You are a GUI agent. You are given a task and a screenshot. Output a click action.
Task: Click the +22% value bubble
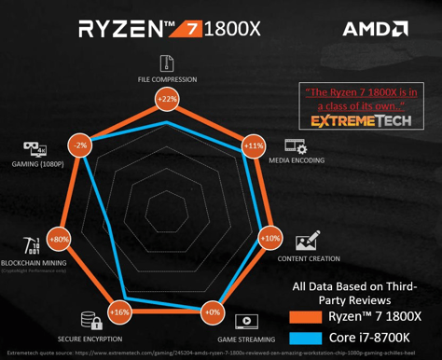(167, 99)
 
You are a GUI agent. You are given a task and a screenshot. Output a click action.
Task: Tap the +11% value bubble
(254, 146)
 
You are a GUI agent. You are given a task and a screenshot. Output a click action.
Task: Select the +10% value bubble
(269, 239)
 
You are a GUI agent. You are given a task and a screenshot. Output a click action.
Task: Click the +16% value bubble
(119, 312)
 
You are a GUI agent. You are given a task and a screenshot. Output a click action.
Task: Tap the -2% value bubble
(80, 145)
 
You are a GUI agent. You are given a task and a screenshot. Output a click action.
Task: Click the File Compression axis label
(167, 79)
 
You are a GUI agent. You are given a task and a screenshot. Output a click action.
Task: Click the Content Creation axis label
(308, 257)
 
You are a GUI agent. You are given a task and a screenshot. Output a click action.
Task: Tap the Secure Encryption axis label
(89, 339)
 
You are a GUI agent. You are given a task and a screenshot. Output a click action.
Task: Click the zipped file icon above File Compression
(167, 62)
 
